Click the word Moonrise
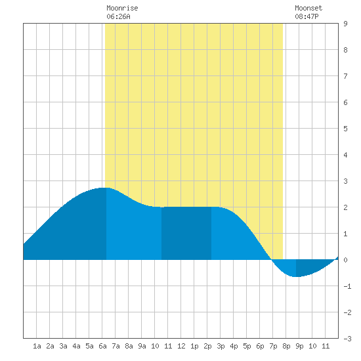[x=122, y=8]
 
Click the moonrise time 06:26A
[x=118, y=16]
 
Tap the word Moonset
[x=308, y=8]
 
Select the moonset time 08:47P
[x=307, y=16]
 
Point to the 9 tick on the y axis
[x=345, y=24]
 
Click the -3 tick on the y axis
[x=347, y=339]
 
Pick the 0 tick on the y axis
[x=345, y=260]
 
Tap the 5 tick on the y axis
[x=345, y=129]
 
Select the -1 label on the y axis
[x=347, y=286]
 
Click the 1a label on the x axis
[x=37, y=346]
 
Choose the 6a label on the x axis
[x=102, y=346]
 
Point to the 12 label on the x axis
[x=181, y=346]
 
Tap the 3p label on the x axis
[x=221, y=346]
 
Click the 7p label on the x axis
[x=273, y=346]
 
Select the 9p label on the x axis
[x=299, y=346]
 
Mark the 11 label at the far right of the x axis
[x=326, y=346]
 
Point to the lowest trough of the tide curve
[x=296, y=277]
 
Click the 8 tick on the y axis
[x=345, y=50]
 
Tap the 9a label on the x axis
[x=142, y=346]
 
